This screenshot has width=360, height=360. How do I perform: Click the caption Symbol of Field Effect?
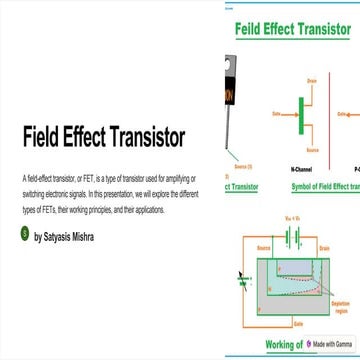[320, 186]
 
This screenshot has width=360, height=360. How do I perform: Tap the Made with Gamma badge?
[329, 343]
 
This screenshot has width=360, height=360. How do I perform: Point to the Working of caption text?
[284, 344]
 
